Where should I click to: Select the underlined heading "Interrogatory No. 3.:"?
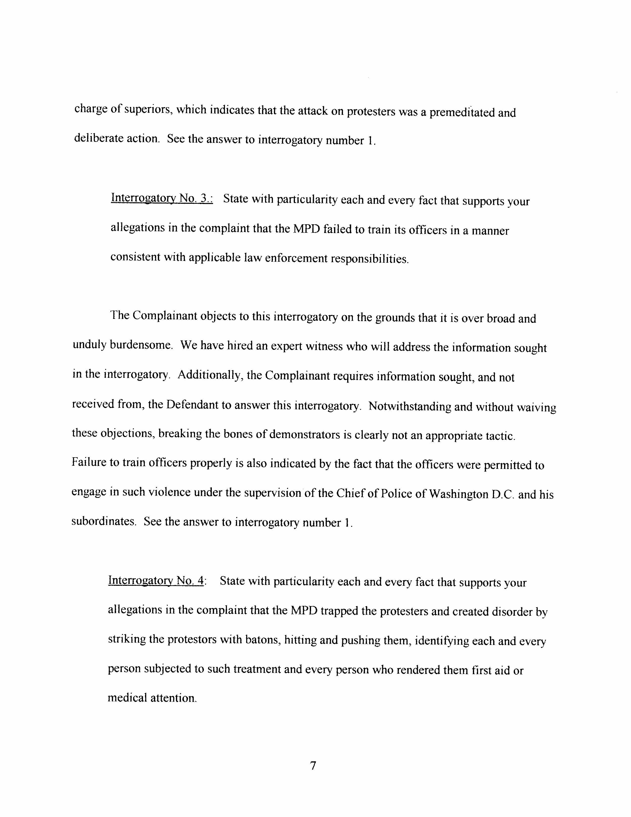162,198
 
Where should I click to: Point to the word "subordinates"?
103,521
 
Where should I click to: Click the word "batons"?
262,640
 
